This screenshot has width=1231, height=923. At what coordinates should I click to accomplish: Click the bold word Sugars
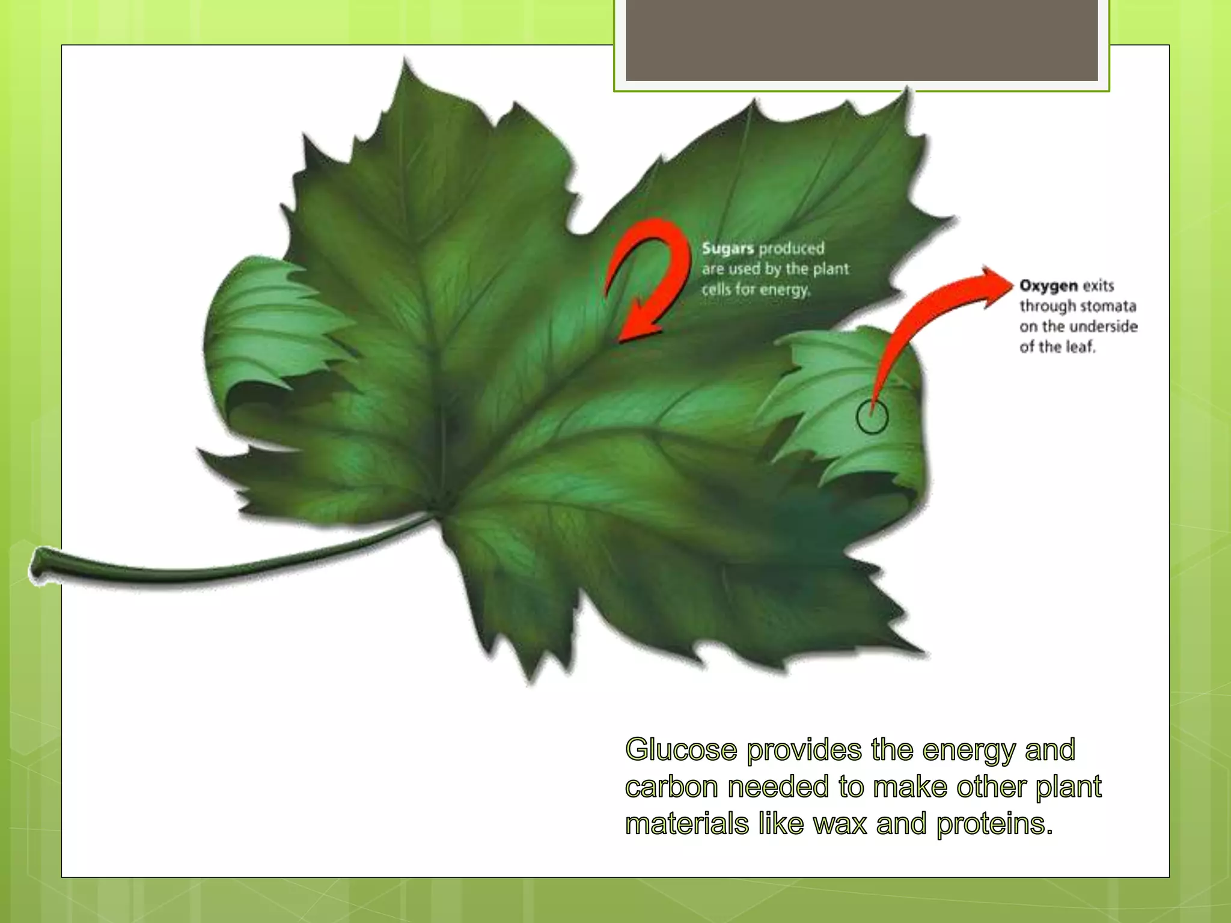[x=727, y=249]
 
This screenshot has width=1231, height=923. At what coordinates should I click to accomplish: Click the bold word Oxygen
[x=1048, y=285]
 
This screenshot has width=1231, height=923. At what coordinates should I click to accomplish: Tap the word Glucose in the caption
[x=681, y=750]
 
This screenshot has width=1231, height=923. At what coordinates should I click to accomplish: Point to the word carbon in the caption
[x=671, y=787]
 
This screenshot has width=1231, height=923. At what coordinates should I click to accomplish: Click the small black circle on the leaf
[x=872, y=417]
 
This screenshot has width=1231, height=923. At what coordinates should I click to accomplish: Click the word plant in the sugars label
[x=831, y=269]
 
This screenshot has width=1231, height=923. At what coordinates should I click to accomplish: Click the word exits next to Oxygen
[x=1098, y=285]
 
